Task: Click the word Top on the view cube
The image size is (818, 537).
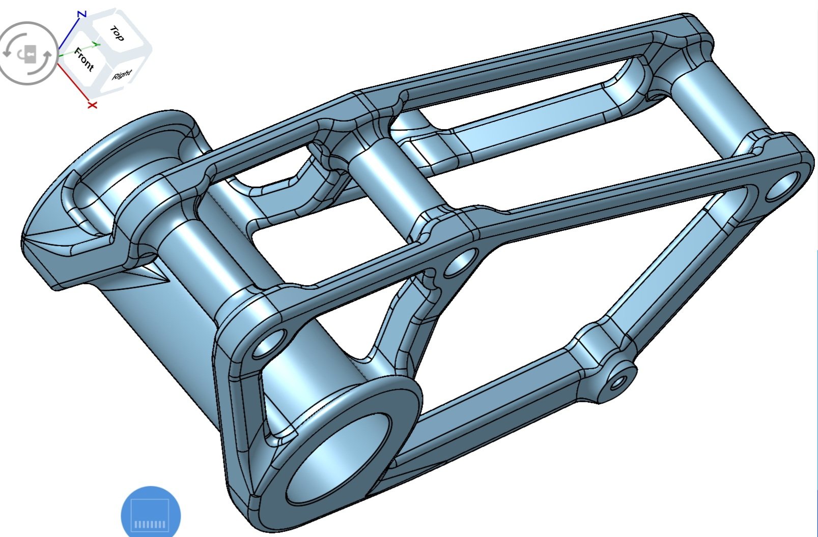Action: coord(117,34)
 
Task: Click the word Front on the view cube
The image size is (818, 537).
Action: coord(84,59)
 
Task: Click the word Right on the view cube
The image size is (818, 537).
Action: coord(122,74)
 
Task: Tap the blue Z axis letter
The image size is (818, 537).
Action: coord(82,15)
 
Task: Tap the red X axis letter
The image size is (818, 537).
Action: coord(93,105)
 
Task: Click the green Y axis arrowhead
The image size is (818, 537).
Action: coord(96,45)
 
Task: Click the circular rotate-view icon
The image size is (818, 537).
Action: coord(28,53)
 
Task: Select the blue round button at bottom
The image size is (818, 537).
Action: coord(151,512)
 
